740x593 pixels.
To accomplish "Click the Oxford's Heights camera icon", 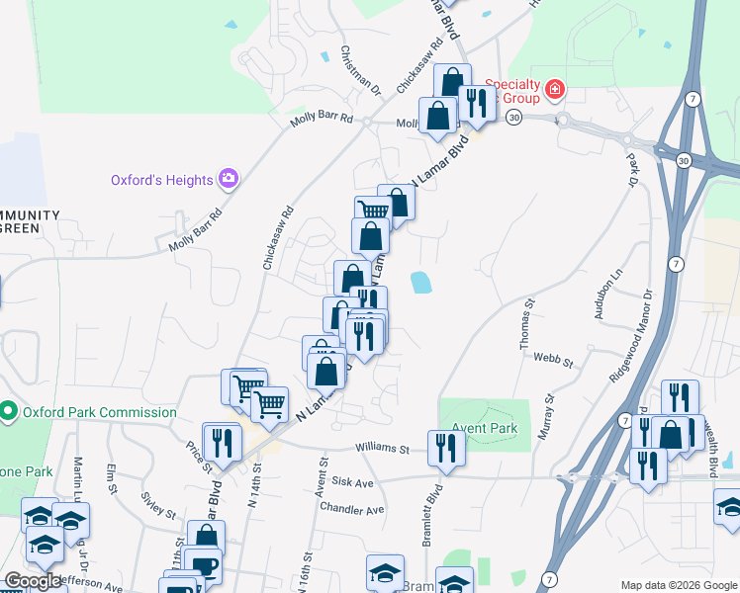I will [230, 179].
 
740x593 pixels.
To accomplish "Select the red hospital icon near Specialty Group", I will [556, 90].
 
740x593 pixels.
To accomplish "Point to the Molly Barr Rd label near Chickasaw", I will [322, 120].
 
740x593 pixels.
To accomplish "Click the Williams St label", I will [384, 449].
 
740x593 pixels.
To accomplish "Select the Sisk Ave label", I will [352, 482].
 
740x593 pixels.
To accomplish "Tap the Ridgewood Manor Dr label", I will [633, 336].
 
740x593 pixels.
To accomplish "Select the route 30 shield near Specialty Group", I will [513, 117].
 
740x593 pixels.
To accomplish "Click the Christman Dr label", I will [361, 70].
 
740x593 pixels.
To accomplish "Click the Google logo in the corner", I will [33, 581].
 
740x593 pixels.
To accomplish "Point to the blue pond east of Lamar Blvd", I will [421, 283].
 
